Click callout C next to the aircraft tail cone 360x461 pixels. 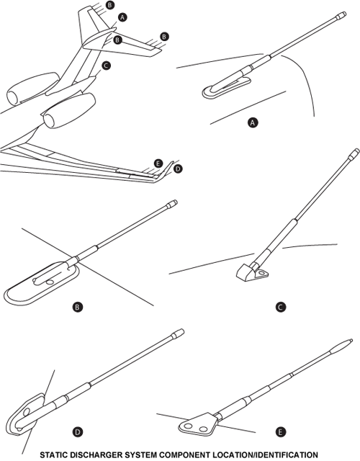coord(106,66)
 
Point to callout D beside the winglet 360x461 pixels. coord(178,169)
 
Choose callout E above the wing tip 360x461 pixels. coord(158,164)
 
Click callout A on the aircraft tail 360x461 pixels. coord(122,17)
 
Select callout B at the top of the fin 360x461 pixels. coord(110,5)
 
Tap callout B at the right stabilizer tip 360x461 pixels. coord(164,37)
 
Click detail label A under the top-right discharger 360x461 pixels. coord(253,122)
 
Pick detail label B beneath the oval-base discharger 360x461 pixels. coord(77,308)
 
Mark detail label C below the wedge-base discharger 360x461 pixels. coord(280,308)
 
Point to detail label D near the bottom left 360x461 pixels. coord(78,432)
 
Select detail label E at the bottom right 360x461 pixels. coord(280,432)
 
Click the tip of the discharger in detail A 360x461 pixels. coord(345,14)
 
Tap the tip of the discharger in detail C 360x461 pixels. coord(358,151)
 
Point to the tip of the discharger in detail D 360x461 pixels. coord(182,331)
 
